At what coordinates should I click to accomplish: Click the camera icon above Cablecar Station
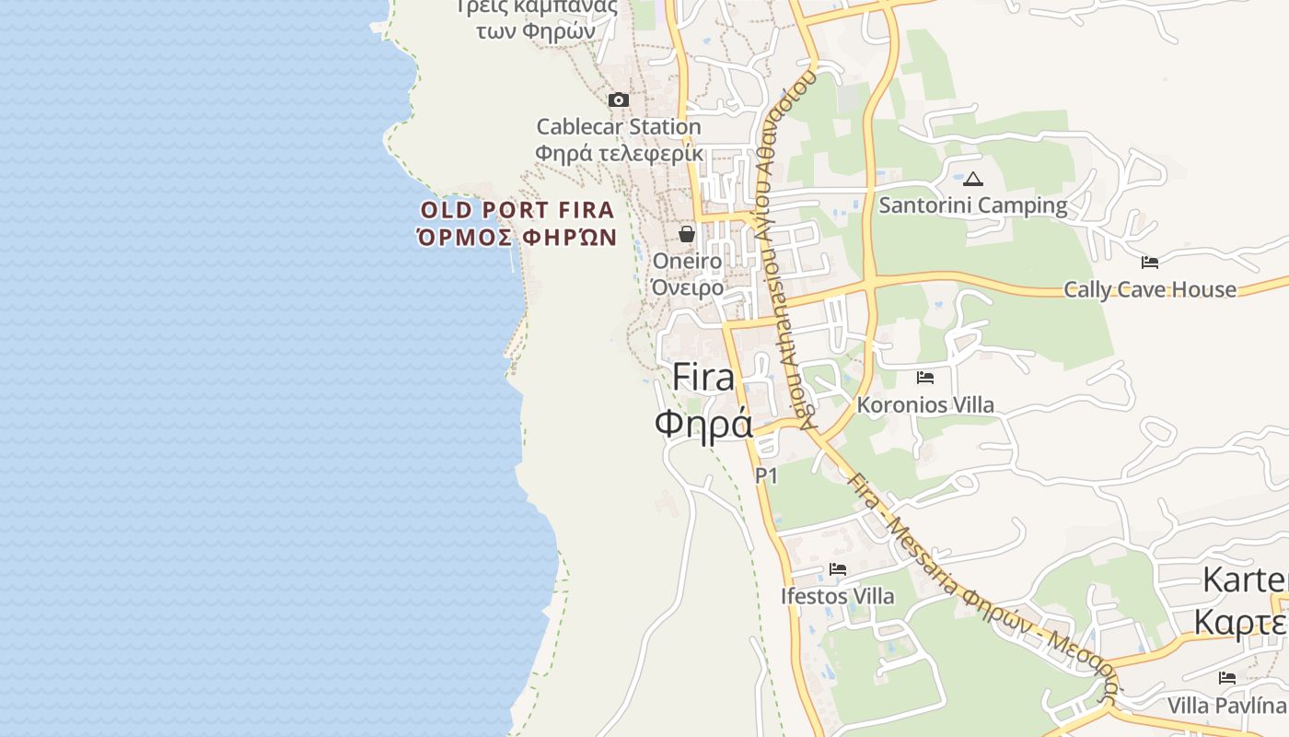(619, 99)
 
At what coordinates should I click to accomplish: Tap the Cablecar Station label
(618, 126)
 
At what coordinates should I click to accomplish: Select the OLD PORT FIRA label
(517, 209)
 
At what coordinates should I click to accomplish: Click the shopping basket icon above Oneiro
(687, 234)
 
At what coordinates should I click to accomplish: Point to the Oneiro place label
(687, 262)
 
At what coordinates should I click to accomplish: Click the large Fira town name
(703, 377)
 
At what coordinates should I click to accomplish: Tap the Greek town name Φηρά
(703, 424)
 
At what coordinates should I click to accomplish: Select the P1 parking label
(766, 475)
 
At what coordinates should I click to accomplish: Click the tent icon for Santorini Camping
(973, 179)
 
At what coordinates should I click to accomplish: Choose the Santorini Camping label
(973, 205)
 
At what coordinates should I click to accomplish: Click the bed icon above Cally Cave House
(1149, 263)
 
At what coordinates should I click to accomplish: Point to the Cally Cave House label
(1150, 289)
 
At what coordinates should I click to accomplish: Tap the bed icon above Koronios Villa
(925, 378)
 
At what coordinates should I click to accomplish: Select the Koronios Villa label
(925, 404)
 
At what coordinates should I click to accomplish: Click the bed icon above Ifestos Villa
(838, 569)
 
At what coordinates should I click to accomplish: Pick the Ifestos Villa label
(837, 596)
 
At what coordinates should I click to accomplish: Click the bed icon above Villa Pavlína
(1226, 678)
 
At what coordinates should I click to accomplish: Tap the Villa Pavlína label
(1226, 706)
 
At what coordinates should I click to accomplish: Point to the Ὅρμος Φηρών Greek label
(517, 237)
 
